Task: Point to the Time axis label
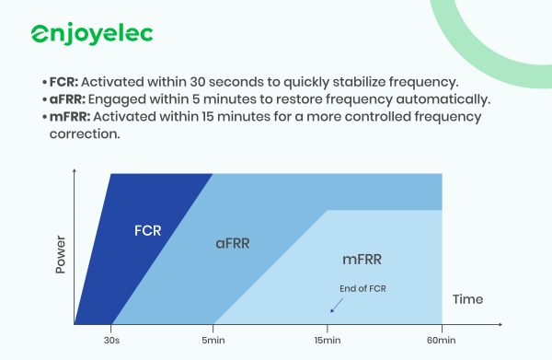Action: point(467,299)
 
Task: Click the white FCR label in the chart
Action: point(147,229)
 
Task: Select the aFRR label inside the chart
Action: point(232,244)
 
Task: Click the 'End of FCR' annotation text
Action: point(362,289)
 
